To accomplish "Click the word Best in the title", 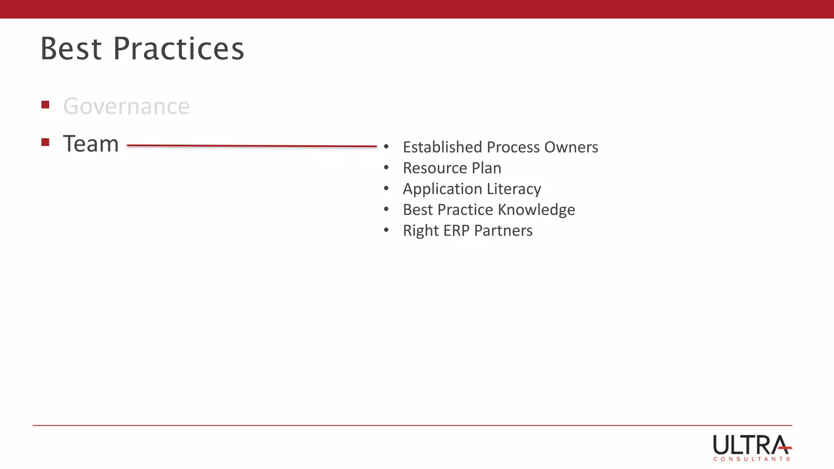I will (x=71, y=49).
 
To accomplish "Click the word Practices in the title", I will (x=178, y=49).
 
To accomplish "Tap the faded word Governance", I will (x=126, y=107).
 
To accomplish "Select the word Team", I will (x=90, y=144).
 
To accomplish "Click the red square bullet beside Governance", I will (x=45, y=105).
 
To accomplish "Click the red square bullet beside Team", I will (x=45, y=142).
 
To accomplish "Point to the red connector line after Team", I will (x=252, y=146).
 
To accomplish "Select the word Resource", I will (x=435, y=168).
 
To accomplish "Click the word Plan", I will (x=486, y=168).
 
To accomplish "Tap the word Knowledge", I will (x=536, y=210).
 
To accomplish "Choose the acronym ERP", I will (x=456, y=231).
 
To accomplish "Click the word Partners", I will (x=503, y=231).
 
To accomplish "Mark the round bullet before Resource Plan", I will (x=386, y=167).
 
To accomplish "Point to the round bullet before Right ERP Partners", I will (x=386, y=230).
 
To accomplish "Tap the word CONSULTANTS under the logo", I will (x=751, y=459).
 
